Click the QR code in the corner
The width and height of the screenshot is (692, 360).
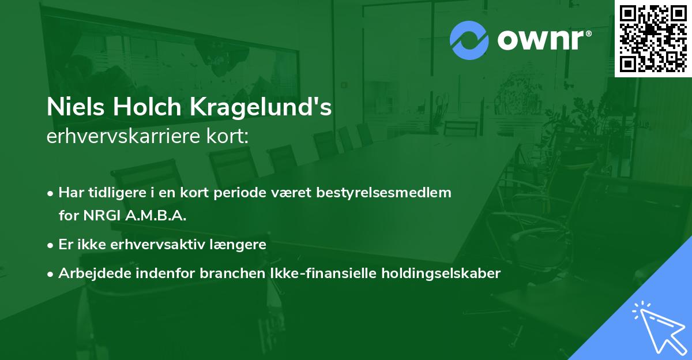[653, 38]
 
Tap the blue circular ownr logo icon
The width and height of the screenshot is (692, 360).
[469, 40]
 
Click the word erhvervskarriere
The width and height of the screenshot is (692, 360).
[122, 136]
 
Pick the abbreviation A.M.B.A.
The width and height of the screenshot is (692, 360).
[157, 216]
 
